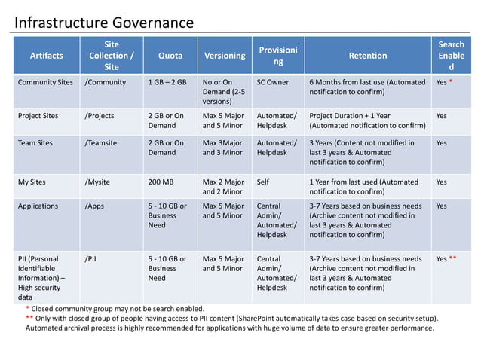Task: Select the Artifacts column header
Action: coord(46,56)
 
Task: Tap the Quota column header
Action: coord(170,56)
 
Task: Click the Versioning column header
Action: coord(225,56)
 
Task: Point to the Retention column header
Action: coord(368,56)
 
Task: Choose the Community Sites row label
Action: coord(45,82)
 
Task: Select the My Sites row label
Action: coord(34,182)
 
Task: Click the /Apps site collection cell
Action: coord(95,206)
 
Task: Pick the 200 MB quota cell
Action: coord(163,182)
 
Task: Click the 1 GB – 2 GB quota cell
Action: coord(167,82)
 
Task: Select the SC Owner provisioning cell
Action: coord(273,82)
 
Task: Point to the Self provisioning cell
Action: coord(263,182)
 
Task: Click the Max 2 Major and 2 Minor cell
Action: coord(223,186)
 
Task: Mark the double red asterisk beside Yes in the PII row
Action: coord(453,259)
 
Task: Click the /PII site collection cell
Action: coord(91,258)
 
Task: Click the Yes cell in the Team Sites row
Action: coord(442,142)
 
